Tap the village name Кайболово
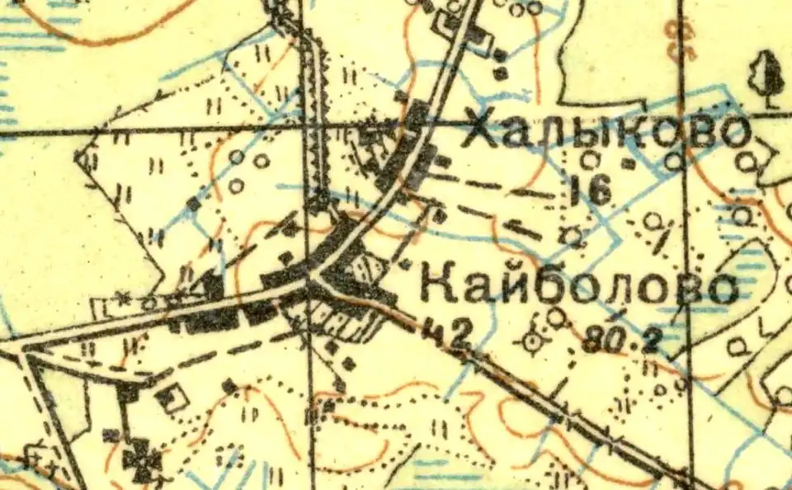click(x=577, y=286)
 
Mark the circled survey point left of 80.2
click(x=533, y=339)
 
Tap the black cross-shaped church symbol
click(x=143, y=459)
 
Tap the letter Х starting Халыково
click(x=482, y=131)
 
